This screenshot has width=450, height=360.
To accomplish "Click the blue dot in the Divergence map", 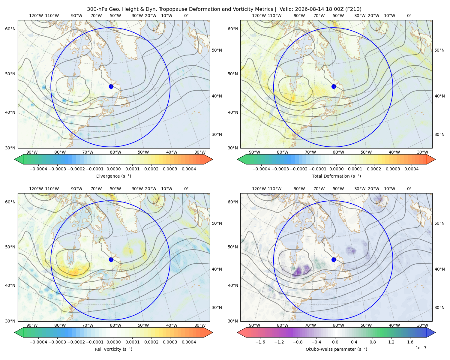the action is pos(111,86).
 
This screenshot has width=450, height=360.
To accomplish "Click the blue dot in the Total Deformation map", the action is pos(334,86).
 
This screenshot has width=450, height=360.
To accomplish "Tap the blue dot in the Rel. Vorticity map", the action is pos(111,259).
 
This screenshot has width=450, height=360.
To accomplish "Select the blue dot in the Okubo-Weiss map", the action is pos(334,259).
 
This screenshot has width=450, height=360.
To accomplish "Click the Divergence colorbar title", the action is pos(113,176).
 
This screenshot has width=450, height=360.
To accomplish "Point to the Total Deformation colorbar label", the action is pos(336,176).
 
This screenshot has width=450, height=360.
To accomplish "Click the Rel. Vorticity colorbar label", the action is pos(113,349).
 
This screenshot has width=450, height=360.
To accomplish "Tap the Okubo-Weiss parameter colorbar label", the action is pos(336,349).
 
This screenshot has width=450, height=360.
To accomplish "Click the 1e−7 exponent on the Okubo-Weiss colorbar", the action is pos(421,348).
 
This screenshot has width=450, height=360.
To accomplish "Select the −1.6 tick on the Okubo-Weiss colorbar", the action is pos(260,342).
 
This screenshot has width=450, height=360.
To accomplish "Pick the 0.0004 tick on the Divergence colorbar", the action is pos(189,169).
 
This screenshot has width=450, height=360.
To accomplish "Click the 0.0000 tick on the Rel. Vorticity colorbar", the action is pos(113,342).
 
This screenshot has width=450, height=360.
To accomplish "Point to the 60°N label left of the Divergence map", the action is pos(10,29).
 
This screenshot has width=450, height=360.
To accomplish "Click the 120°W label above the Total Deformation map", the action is pos(259,16).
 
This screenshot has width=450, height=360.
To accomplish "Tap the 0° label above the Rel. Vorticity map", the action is pos(186,188).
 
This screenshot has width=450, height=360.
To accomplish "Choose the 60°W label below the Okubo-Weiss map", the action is pos(338,325).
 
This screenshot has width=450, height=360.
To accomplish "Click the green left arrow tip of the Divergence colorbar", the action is pos(15,159).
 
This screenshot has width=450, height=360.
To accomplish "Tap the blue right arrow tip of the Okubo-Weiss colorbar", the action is pos(435,332).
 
